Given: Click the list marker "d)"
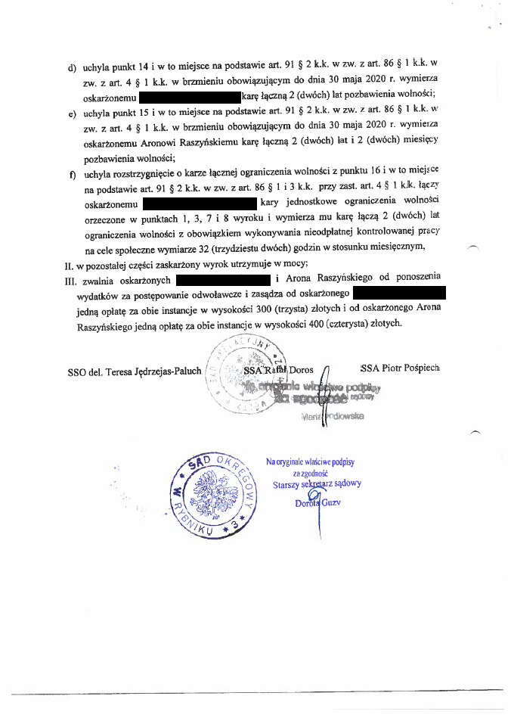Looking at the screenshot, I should tap(72, 67).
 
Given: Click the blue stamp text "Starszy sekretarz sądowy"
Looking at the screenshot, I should tap(317, 484).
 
